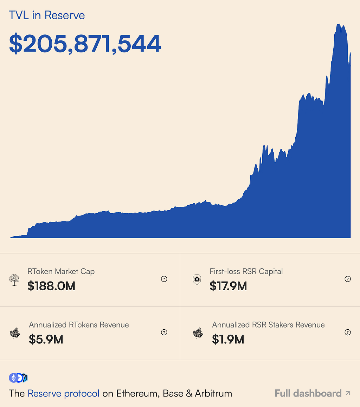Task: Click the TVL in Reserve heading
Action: coord(47,15)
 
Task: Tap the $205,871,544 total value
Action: coord(85,44)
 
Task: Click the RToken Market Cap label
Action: coord(61,271)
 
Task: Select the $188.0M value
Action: coord(51,286)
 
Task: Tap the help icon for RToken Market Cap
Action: coord(164,279)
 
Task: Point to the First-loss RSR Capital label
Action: coord(246,271)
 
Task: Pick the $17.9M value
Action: coord(228,286)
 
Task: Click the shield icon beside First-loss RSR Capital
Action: coord(197,279)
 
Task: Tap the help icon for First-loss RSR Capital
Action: coord(348,279)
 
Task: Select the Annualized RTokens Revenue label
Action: coord(79,325)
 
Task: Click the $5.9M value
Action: coord(46,340)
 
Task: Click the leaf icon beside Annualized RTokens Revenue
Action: coord(15,333)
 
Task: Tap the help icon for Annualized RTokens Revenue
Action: coord(164,332)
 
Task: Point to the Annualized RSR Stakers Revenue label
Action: coord(268,325)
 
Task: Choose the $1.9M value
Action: coord(228,340)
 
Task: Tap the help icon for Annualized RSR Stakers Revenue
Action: coord(348,332)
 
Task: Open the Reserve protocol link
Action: coord(63,393)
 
